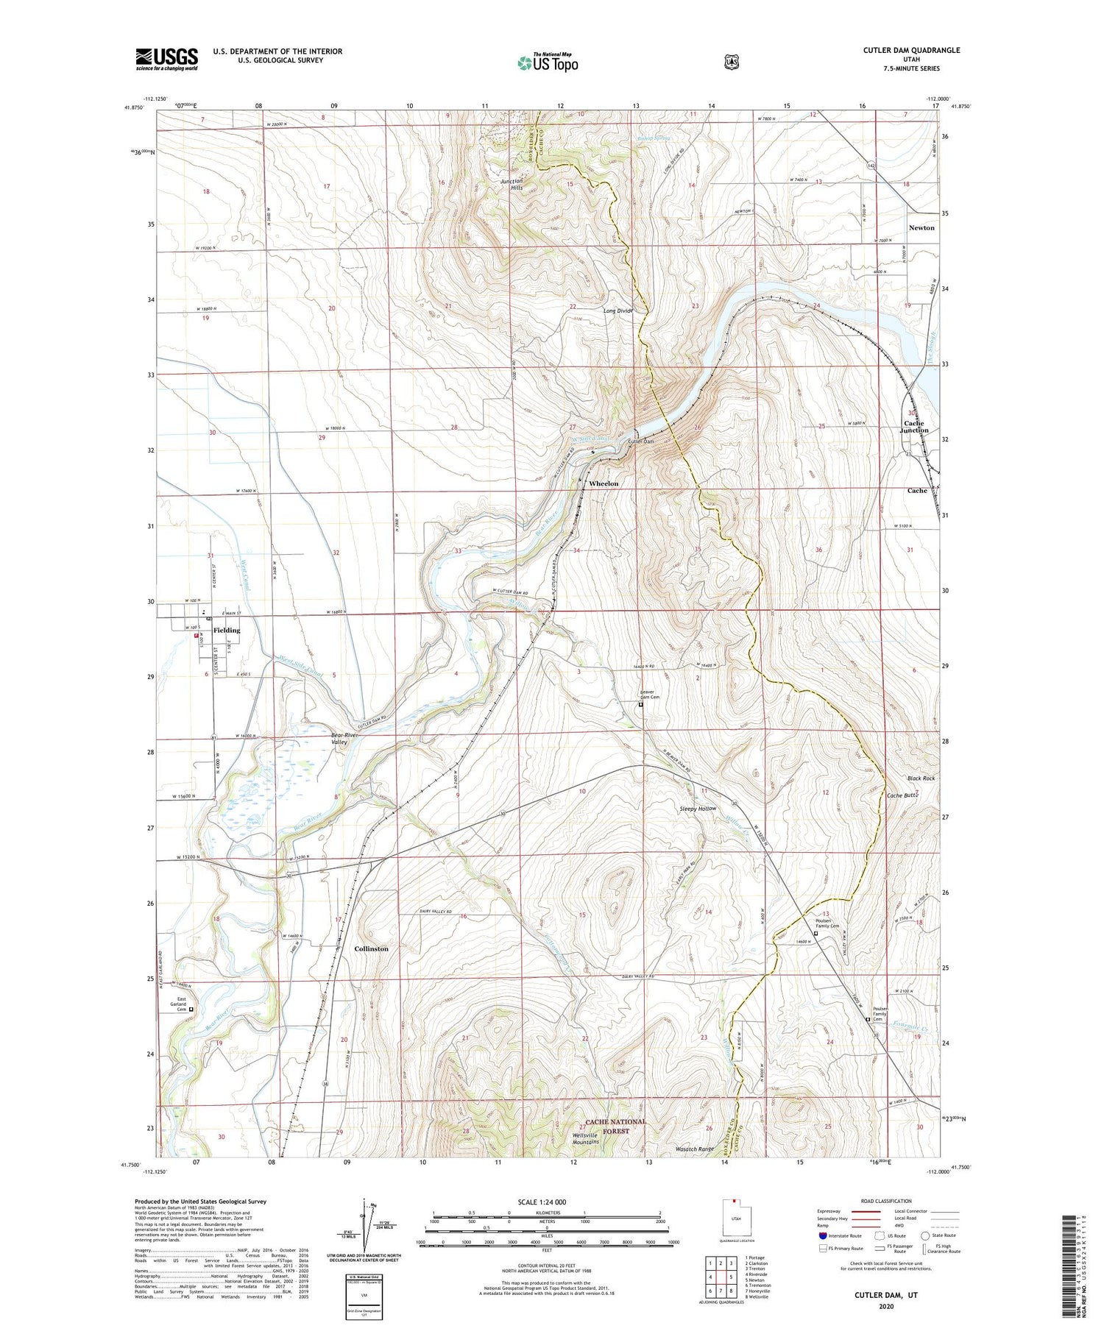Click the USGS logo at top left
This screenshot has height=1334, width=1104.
tap(167, 59)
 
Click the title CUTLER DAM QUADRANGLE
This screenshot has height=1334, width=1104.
tap(911, 50)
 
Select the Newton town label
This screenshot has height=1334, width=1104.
tap(921, 228)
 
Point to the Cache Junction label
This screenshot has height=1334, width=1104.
tap(916, 427)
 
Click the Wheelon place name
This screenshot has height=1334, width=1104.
tap(604, 483)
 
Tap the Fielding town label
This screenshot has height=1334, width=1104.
tap(227, 630)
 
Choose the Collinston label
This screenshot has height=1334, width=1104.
tap(371, 948)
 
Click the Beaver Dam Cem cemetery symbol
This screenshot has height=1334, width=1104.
tap(640, 704)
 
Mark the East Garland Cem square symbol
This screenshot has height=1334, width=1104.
tap(191, 1010)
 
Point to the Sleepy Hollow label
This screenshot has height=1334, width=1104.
tap(698, 809)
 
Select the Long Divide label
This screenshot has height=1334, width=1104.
tap(618, 311)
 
